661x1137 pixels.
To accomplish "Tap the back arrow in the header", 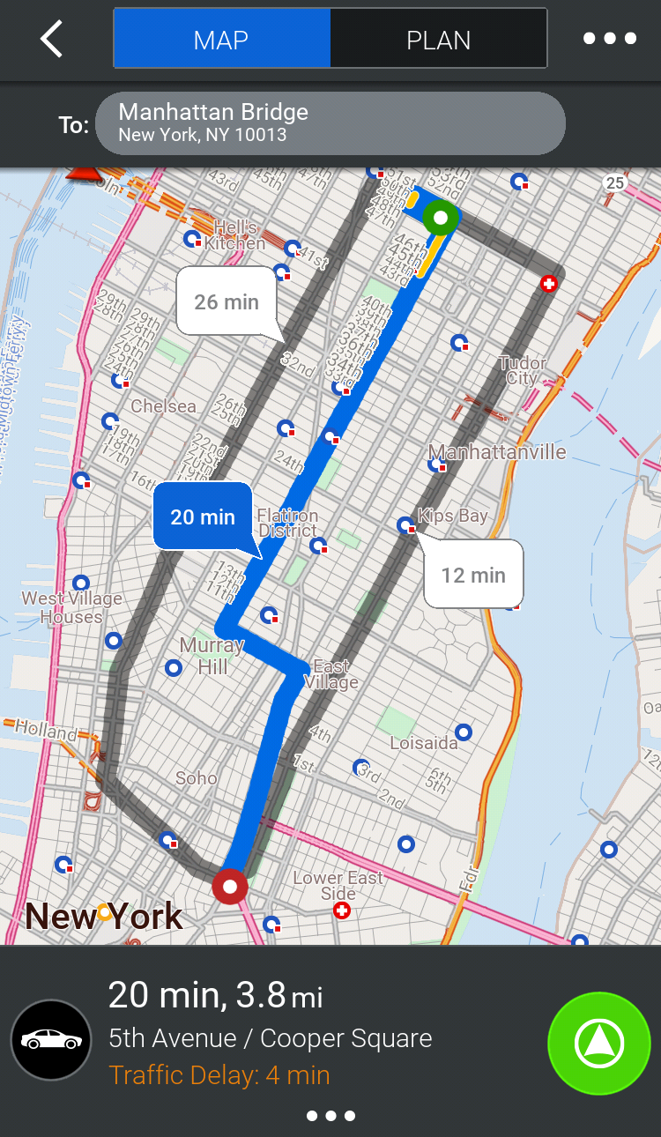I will pyautogui.click(x=51, y=39).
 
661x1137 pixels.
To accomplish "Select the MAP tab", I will pyautogui.click(x=221, y=39).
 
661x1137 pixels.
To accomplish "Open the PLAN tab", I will pyautogui.click(x=438, y=39).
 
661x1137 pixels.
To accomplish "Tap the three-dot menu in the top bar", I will pyautogui.click(x=609, y=39).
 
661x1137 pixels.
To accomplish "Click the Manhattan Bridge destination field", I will pyautogui.click(x=330, y=123).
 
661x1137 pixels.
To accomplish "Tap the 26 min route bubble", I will pyautogui.click(x=227, y=301).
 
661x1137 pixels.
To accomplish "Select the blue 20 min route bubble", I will pyautogui.click(x=203, y=516).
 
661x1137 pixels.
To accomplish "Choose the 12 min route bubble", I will pyautogui.click(x=473, y=575).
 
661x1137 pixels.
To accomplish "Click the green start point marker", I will pyautogui.click(x=440, y=217).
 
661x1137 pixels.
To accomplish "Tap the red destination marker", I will pyautogui.click(x=230, y=887).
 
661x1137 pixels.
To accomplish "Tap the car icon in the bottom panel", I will pyautogui.click(x=51, y=1040).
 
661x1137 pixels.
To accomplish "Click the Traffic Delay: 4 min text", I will pyautogui.click(x=219, y=1075).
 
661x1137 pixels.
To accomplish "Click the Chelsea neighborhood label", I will pyautogui.click(x=163, y=406).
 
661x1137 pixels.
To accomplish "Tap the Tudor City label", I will pyautogui.click(x=522, y=370).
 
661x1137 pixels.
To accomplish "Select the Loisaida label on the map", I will pyautogui.click(x=424, y=743).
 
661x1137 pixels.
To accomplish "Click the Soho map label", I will pyautogui.click(x=196, y=777).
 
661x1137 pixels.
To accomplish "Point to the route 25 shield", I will pyautogui.click(x=614, y=182).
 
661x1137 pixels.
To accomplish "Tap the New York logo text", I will pyautogui.click(x=104, y=917).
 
